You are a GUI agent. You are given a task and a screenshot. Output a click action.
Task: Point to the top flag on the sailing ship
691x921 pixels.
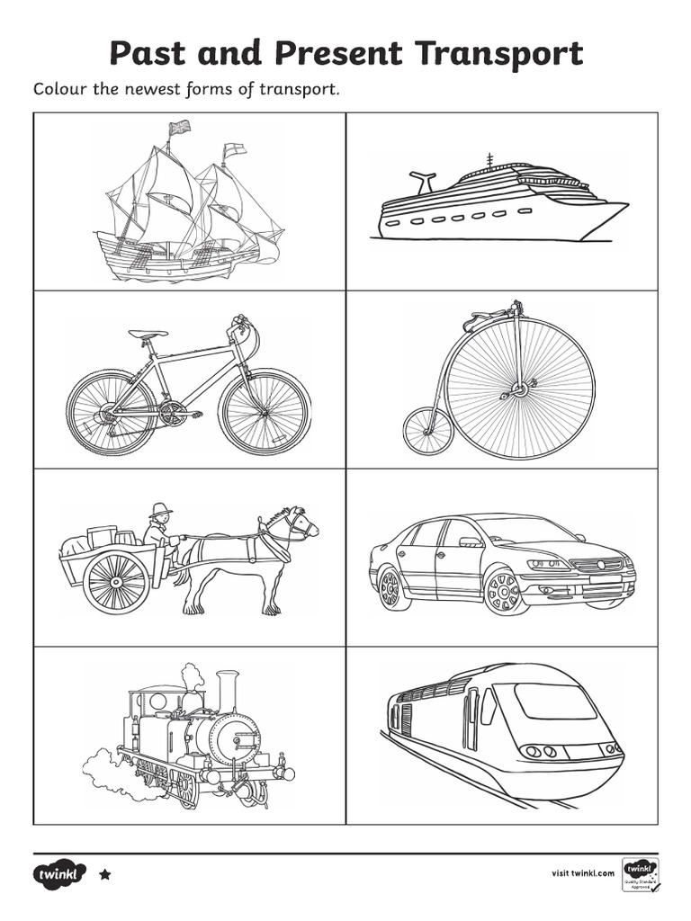(x=180, y=127)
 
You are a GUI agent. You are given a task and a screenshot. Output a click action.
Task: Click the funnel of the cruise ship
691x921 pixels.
(x=422, y=181)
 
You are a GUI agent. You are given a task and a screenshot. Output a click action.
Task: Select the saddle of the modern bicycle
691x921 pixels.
(x=148, y=335)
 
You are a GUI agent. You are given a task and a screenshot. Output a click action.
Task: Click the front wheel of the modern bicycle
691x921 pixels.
(x=265, y=411)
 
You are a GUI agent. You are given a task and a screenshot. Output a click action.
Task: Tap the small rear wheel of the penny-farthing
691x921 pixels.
(x=426, y=431)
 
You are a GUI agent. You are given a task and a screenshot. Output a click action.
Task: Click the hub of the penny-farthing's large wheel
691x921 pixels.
(x=519, y=389)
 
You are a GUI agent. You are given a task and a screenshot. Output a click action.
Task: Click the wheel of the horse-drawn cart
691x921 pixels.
(x=116, y=582)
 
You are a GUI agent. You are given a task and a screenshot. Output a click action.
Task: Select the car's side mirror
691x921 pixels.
(x=471, y=541)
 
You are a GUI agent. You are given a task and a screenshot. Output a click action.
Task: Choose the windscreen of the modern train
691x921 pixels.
(x=554, y=701)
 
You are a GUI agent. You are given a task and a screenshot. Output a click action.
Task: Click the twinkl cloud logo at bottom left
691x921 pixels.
(x=60, y=873)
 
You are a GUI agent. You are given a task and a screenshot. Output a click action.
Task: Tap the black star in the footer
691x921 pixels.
(x=104, y=873)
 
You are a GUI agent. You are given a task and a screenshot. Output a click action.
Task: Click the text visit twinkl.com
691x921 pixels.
(x=582, y=872)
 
